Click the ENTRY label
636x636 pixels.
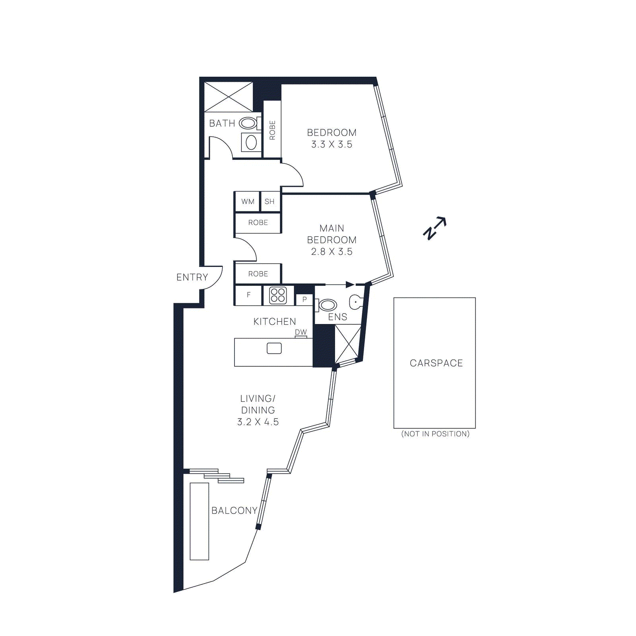[x=192, y=277]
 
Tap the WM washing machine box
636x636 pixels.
[x=248, y=202]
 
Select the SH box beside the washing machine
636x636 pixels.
[x=270, y=202]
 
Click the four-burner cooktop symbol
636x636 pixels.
[x=278, y=295]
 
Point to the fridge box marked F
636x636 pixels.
[x=248, y=295]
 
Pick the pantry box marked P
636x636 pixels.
[x=304, y=299]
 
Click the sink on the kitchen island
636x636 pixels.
[x=274, y=348]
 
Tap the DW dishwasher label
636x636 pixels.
[x=301, y=332]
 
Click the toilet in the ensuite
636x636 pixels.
[x=327, y=305]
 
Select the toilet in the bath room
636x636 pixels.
[x=248, y=123]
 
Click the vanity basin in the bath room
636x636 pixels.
[x=251, y=142]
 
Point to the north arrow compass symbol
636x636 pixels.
[x=434, y=228]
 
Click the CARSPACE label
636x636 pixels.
[x=436, y=363]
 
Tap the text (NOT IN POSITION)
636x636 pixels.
[x=435, y=434]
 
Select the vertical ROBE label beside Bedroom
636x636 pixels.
[x=272, y=130]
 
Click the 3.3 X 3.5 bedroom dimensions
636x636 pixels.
[x=332, y=144]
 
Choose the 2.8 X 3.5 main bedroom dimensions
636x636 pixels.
[x=332, y=252]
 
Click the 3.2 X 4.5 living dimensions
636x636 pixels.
[x=258, y=422]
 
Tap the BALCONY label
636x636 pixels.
[x=234, y=510]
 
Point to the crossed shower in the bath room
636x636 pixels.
[x=229, y=97]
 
